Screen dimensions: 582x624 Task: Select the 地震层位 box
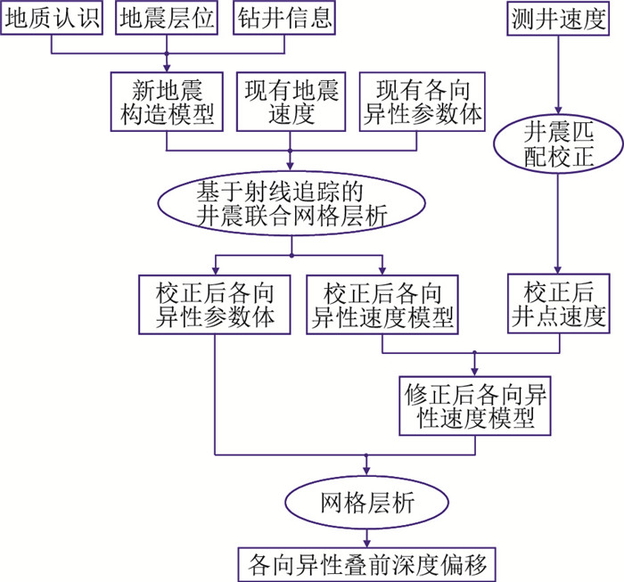tap(167, 19)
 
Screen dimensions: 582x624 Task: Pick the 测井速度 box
tap(558, 19)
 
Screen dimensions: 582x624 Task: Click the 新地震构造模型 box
tap(167, 102)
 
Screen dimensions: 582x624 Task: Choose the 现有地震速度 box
tap(291, 102)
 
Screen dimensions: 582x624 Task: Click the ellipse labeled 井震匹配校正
tap(558, 143)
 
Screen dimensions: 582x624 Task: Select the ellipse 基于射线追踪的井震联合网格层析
tap(291, 202)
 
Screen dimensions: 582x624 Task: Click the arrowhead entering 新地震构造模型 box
tap(167, 69)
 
